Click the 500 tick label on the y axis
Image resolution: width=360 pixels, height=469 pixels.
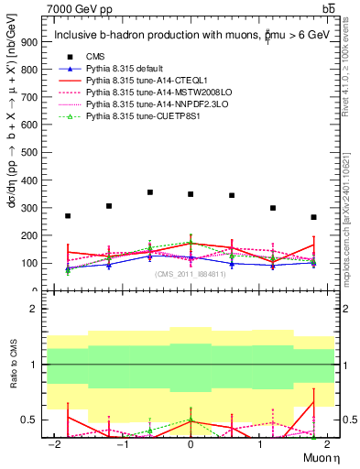(x=33, y=153)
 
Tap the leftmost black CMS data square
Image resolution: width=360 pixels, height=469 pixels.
(x=68, y=216)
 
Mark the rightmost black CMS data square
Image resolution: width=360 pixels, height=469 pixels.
(x=313, y=217)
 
